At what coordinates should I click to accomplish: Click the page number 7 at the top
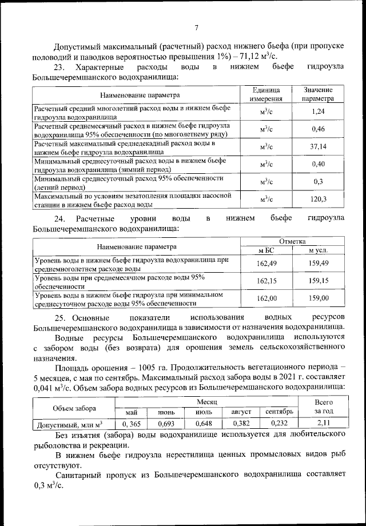196,27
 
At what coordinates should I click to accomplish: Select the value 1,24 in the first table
319,111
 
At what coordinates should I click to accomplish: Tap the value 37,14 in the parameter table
319,147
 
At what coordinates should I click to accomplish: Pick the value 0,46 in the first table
319,129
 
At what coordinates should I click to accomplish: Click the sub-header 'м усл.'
319,250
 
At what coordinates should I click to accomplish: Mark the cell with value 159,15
319,281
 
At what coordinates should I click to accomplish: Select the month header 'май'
132,412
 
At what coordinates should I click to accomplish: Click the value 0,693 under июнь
166,424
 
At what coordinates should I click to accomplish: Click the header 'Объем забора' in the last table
74,408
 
